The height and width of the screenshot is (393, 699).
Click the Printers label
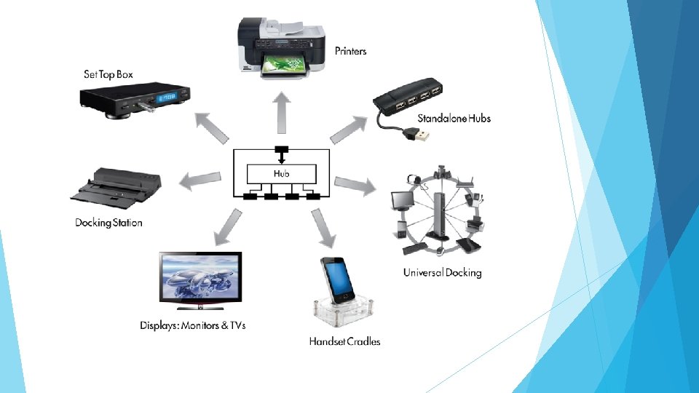350,51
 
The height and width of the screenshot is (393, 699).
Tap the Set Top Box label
108,74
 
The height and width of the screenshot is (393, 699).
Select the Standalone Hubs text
454,119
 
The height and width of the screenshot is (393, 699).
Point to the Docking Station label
108,223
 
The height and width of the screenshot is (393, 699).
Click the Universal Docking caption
442,273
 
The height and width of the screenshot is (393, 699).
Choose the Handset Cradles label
344,341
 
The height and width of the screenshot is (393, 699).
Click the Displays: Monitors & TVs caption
193,325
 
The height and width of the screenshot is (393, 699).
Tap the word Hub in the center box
282,173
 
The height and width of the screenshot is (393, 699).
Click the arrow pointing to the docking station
200,180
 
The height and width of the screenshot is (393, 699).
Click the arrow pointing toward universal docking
356,185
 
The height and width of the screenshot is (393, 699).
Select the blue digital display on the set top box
169,96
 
